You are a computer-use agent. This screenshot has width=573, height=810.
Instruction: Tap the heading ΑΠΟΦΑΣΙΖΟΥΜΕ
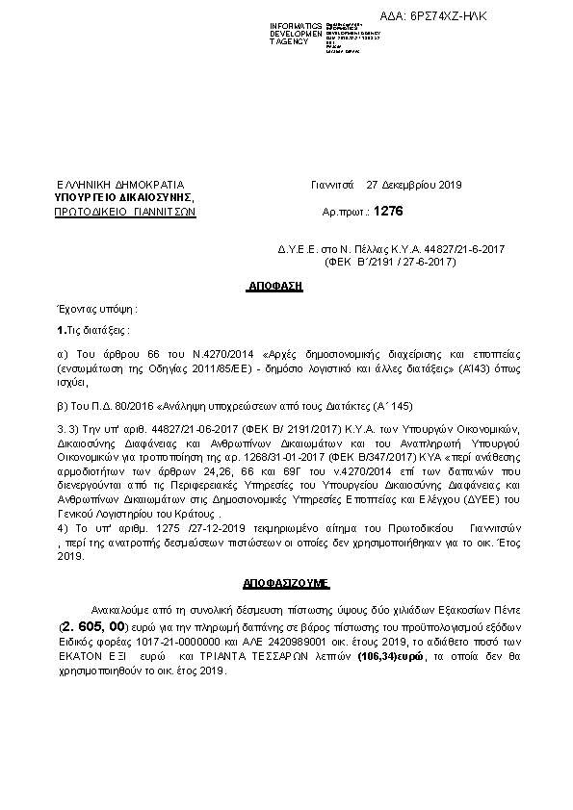(x=285, y=583)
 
